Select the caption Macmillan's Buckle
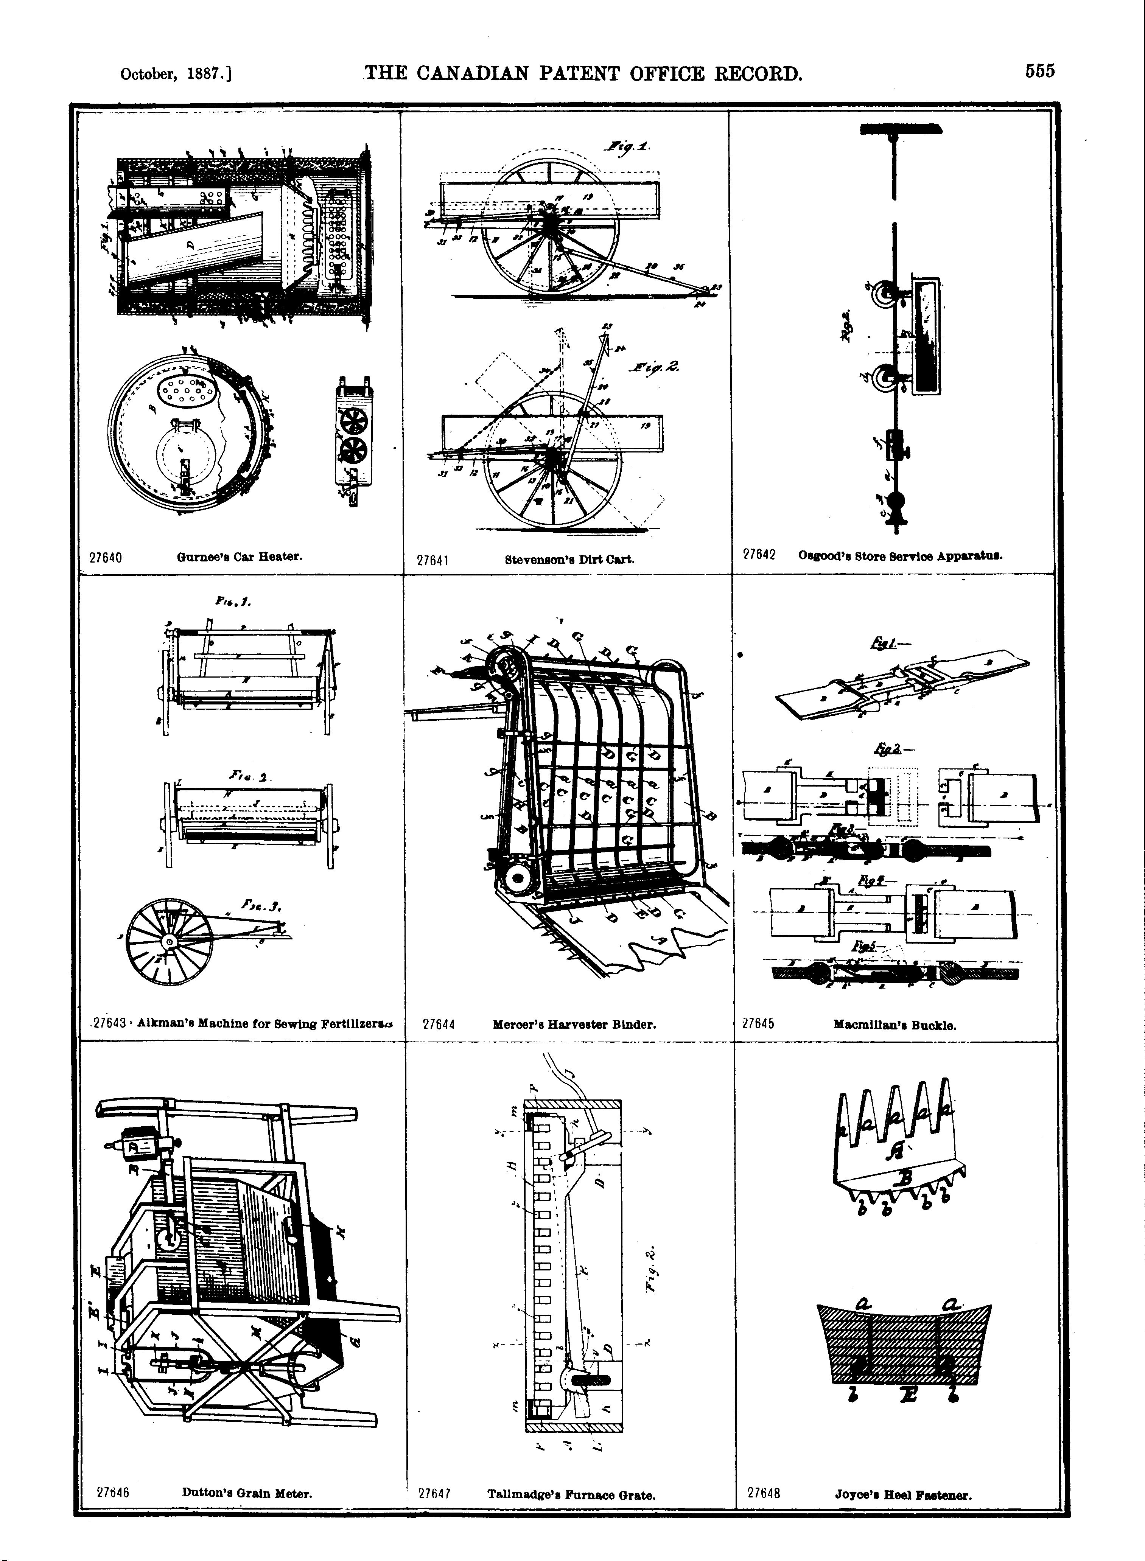pos(895,1025)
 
